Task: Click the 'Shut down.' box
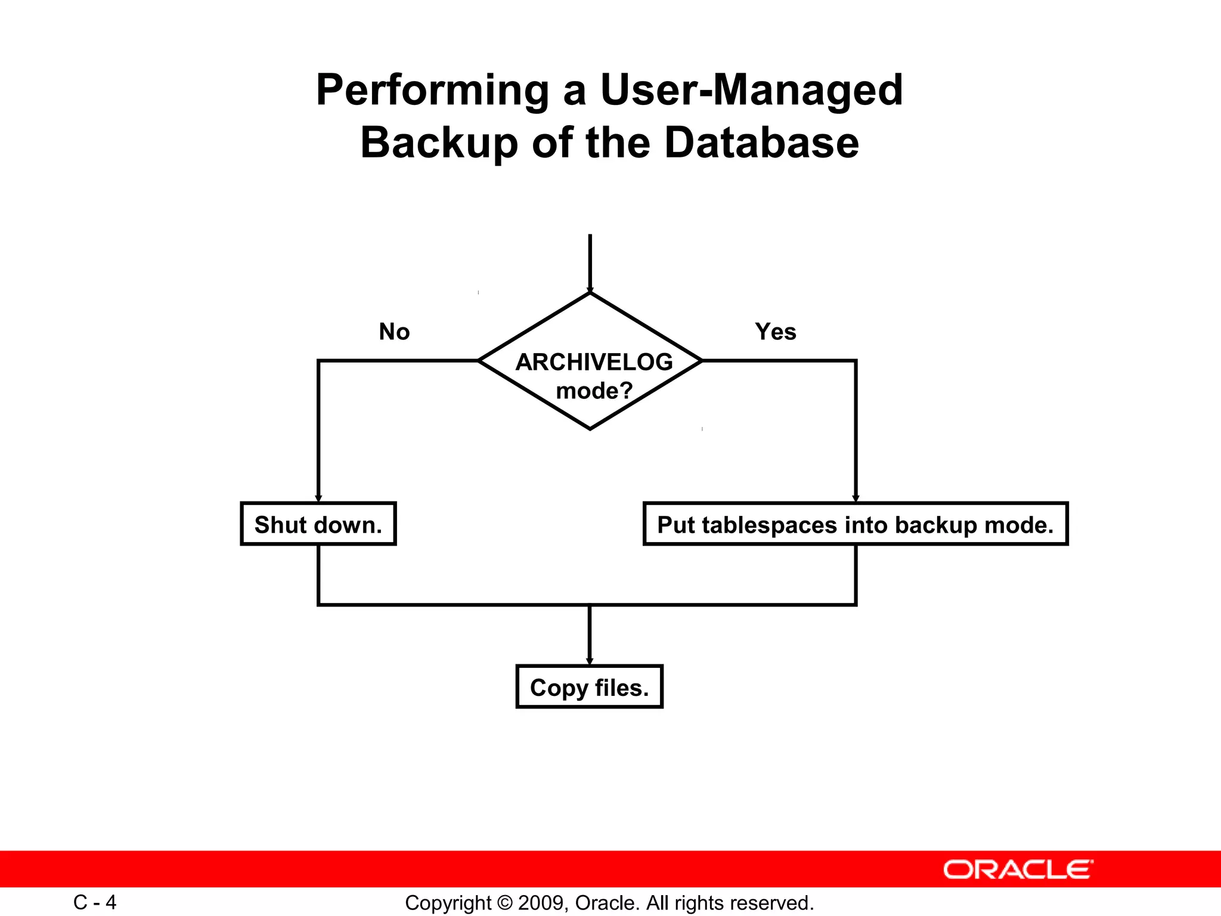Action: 318,524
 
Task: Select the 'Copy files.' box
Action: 589,687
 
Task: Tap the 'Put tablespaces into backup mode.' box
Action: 855,524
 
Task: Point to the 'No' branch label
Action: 394,332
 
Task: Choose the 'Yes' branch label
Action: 775,332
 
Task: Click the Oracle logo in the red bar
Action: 1018,869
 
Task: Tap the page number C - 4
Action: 95,902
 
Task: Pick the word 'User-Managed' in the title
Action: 751,91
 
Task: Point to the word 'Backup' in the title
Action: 439,143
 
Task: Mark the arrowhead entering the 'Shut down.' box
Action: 318,499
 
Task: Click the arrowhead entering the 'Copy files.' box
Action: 590,661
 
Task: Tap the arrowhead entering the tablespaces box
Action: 856,499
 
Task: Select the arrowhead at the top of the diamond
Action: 590,290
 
